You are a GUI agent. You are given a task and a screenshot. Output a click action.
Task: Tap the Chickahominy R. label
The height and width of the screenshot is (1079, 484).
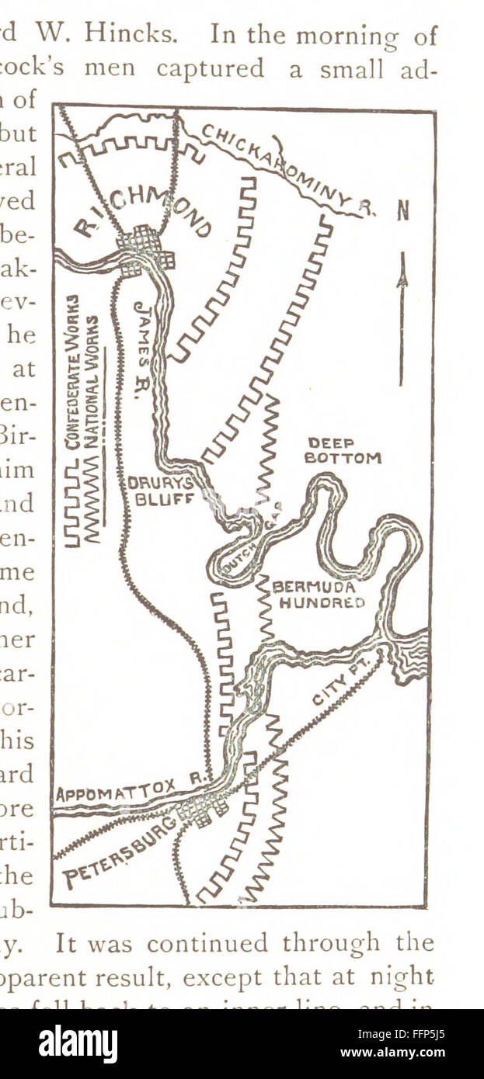(287, 168)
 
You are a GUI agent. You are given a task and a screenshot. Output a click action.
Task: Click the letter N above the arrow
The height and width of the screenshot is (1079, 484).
(402, 211)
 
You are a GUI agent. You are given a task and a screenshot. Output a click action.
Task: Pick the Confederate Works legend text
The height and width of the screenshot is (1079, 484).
(72, 373)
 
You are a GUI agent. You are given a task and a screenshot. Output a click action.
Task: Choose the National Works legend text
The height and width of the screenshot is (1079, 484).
(92, 380)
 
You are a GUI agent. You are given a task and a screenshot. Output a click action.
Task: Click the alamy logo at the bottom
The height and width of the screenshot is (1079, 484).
(78, 1043)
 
